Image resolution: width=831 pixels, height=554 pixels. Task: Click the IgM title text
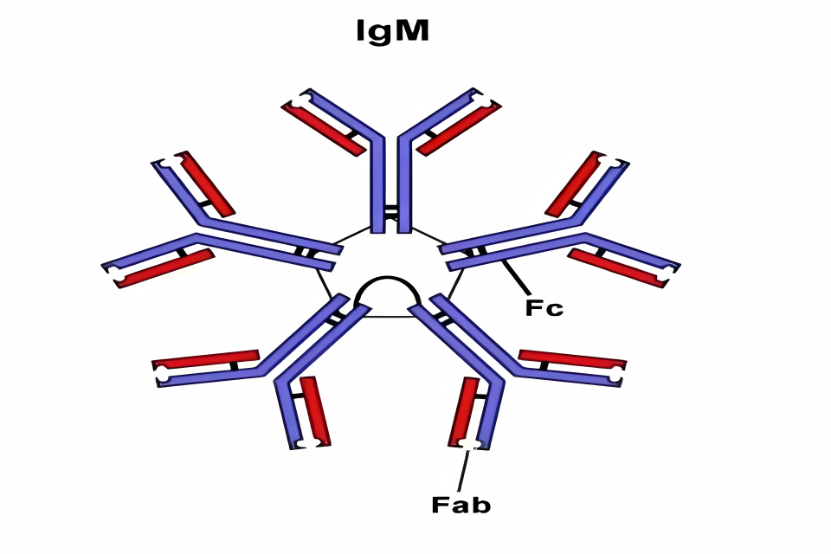pos(393,31)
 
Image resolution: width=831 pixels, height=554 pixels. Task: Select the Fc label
pos(544,307)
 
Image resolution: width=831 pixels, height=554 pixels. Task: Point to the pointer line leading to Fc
pos(515,276)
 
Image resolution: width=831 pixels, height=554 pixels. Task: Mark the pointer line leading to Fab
pos(463,471)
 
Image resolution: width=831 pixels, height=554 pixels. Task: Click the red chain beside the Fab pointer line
pos(464,411)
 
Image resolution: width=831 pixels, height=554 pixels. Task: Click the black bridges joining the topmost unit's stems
pos(391,211)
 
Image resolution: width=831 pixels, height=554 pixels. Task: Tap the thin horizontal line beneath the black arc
pos(389,318)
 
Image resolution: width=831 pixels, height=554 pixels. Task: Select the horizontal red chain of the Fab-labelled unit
pos(572,359)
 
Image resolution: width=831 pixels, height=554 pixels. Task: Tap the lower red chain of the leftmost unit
pos(164,268)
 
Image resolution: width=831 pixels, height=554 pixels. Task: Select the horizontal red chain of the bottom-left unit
pos(206,359)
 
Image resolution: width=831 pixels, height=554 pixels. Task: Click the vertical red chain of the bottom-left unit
pos(315,411)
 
